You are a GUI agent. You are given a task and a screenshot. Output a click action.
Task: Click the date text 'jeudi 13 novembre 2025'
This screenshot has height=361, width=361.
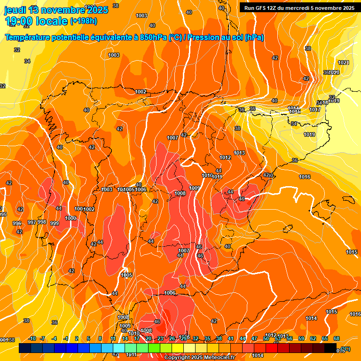(56, 10)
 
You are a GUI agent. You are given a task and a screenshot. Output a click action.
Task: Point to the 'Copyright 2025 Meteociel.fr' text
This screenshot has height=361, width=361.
(199, 357)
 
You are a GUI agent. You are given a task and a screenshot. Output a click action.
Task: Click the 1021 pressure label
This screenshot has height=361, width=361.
(344, 63)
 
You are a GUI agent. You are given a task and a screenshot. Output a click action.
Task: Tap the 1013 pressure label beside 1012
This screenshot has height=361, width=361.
(239, 153)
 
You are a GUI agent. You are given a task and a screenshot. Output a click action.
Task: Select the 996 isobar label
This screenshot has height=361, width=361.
(17, 223)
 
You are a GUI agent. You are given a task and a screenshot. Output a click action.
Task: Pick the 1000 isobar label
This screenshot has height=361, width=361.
(71, 218)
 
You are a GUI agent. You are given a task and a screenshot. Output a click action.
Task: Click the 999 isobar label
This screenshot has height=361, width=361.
(55, 223)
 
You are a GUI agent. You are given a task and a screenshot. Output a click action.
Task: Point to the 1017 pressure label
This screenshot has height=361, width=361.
(314, 110)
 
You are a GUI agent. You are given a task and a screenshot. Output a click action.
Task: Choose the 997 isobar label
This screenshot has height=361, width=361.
(32, 222)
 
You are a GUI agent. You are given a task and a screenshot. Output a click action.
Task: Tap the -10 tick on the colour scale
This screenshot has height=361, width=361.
(32, 338)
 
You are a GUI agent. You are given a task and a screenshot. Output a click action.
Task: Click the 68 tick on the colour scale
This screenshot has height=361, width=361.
(337, 338)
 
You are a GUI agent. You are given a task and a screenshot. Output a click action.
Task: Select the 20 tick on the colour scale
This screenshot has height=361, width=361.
(149, 338)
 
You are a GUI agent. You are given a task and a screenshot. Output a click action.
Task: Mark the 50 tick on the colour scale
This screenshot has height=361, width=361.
(266, 338)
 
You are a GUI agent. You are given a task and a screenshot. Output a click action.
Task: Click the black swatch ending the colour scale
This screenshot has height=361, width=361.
(330, 348)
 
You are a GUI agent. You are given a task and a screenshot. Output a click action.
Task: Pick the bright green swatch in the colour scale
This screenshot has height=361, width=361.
(142, 348)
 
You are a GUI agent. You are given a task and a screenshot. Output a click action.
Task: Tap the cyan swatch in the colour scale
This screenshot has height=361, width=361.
(119, 348)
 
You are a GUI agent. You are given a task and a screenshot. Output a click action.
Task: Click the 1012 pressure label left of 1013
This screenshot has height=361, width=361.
(225, 157)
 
